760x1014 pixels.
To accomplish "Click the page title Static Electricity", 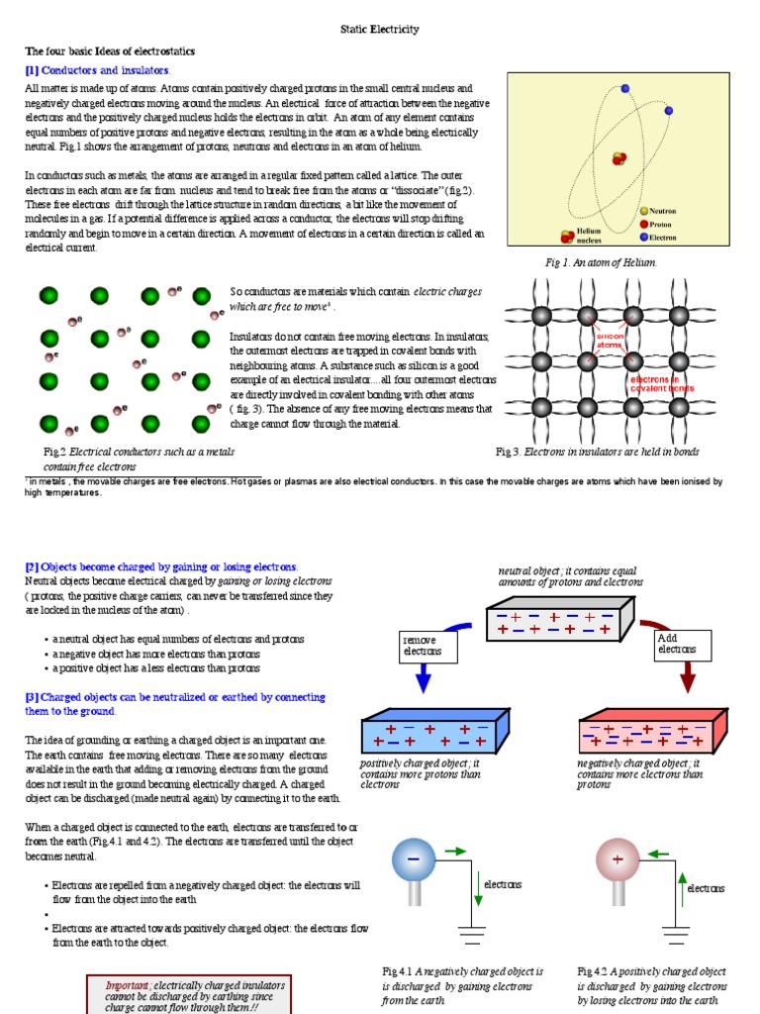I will pos(380,30).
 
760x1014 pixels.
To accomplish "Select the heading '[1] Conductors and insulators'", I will pos(97,70).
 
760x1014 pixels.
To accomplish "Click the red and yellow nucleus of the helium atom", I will pos(619,157).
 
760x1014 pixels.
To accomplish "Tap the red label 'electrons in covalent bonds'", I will pos(654,384).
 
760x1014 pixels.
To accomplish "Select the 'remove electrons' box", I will pos(425,646).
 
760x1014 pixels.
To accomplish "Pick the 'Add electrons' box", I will pos(679,644).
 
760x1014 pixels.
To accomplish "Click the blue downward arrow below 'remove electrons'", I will pos(424,678).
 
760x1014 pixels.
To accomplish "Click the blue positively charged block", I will pos(434,733).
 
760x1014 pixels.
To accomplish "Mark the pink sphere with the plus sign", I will pos(617,859).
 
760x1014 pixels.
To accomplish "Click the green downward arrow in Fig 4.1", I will pos(478,885).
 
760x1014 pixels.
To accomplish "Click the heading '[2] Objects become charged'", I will pos(161,566).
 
